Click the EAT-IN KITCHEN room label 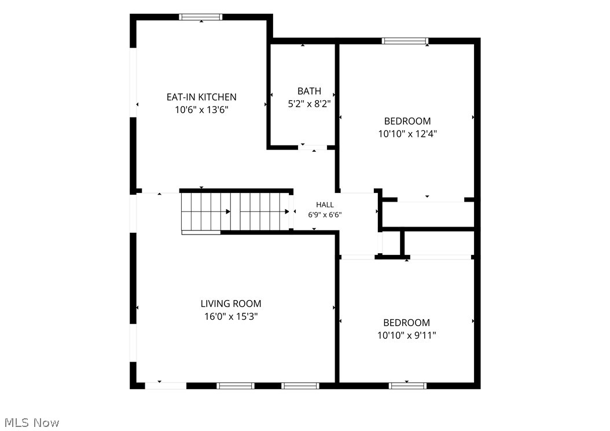click(201, 97)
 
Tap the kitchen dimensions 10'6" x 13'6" click(201, 110)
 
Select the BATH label click(309, 91)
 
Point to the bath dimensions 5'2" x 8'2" click(309, 104)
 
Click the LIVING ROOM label click(231, 304)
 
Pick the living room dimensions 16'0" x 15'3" click(231, 316)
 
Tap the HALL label click(325, 205)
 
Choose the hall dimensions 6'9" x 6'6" click(325, 214)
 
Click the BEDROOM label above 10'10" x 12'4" click(407, 121)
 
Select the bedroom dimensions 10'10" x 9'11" click(406, 335)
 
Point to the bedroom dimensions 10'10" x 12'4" click(407, 134)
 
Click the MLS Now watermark click(32, 423)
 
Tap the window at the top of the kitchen click(201, 17)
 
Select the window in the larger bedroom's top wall click(405, 41)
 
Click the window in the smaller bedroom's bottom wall click(407, 386)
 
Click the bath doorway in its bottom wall click(313, 148)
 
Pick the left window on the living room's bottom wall click(236, 386)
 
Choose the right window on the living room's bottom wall click(300, 386)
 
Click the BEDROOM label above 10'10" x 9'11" click(406, 323)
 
